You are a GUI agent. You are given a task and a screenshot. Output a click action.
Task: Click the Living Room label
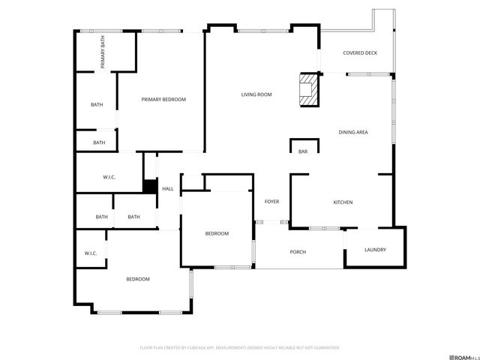pos(256,94)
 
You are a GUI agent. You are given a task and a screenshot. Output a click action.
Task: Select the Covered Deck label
pos(359,53)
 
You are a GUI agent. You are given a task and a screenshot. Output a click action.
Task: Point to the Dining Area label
pos(352,133)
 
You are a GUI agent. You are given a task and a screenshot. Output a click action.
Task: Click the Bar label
pos(303,152)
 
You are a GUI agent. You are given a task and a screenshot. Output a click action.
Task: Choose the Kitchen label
pos(343,202)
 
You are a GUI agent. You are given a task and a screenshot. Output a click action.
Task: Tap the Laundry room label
pos(375,250)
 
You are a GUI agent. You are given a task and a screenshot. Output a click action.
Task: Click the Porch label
pos(298,252)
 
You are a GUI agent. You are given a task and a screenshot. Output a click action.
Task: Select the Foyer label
pos(271,202)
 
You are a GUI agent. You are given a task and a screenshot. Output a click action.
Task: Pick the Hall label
pos(168,189)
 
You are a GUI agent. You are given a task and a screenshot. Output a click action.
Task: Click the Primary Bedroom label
pos(163,100)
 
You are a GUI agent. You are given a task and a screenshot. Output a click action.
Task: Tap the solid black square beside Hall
pos(150,187)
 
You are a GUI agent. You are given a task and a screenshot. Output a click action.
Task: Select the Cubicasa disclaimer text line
pos(240,348)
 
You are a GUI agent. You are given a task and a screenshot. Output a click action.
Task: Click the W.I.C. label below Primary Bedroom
pos(109,177)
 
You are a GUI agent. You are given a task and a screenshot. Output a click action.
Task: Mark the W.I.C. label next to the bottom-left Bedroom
pos(91,253)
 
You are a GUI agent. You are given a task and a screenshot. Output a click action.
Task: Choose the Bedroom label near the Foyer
pos(217,234)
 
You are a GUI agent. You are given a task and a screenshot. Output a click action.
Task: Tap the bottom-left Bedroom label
pos(137,279)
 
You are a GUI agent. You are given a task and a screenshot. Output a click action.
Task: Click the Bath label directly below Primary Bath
pos(97,105)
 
